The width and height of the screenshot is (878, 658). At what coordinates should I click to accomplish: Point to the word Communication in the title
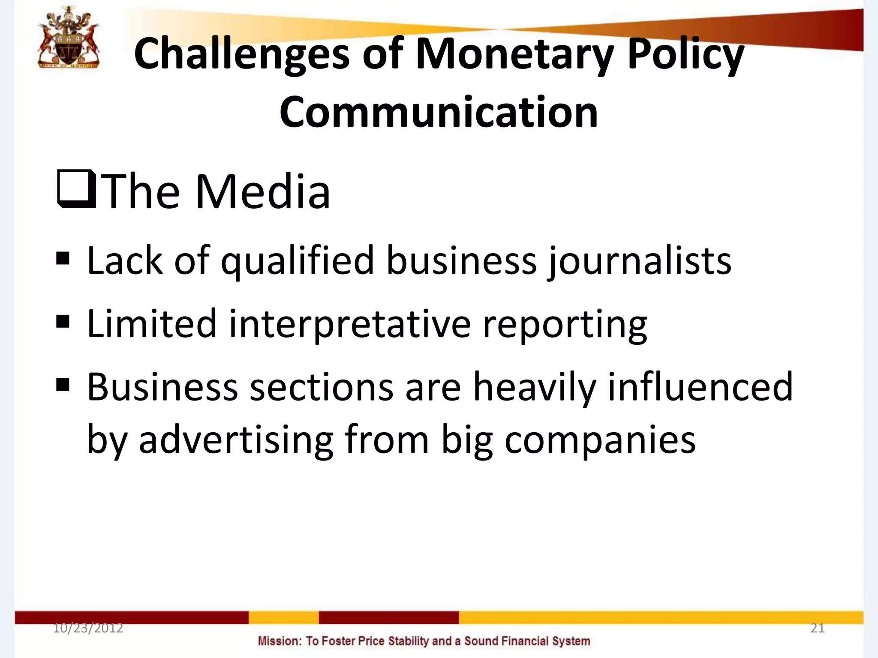439,112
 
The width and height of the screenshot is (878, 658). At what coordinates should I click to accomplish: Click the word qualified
298,261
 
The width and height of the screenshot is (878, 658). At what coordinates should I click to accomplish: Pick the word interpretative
350,324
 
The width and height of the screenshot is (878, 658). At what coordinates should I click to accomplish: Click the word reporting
565,324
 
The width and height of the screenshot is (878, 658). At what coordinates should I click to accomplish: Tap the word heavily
534,388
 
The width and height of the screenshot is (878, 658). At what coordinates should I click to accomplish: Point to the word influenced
701,388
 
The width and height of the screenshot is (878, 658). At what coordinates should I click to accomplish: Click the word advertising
236,440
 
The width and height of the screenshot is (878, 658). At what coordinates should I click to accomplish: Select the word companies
600,440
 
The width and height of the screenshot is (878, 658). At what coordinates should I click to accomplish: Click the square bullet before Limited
63,321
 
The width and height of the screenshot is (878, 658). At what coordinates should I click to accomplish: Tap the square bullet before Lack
63,258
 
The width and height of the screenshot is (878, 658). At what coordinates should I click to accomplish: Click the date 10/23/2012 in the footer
88,628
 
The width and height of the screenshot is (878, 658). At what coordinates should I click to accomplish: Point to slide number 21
818,628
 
